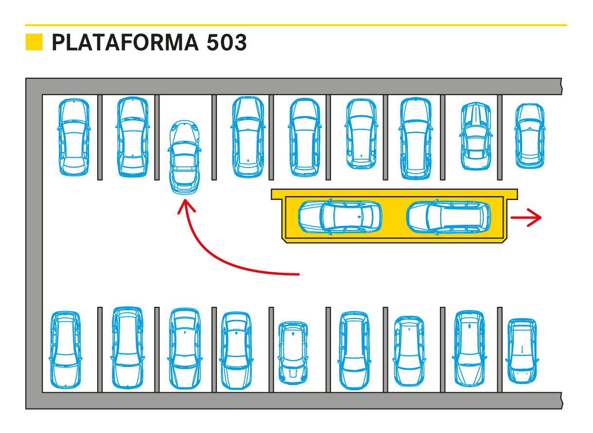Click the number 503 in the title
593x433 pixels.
coord(227,43)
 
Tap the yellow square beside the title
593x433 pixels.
coord(34,42)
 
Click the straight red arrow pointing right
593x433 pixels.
coord(526,218)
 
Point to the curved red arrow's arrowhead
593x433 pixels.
coord(186,206)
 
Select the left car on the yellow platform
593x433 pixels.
coord(340,216)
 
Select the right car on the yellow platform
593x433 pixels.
coord(448,216)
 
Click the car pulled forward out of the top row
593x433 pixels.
coord(184,157)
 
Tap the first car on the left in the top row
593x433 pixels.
coord(74,137)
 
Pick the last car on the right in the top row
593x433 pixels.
coord(529,136)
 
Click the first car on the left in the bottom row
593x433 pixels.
coord(65,350)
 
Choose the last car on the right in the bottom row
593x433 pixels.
coord(522,350)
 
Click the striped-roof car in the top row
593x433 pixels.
coord(475,136)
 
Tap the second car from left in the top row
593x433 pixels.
coord(132,137)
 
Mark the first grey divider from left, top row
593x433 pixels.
coord(100,137)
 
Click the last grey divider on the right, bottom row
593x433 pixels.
coord(499,349)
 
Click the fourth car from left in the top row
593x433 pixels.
coord(248,137)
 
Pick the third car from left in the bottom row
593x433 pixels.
coord(185,349)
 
